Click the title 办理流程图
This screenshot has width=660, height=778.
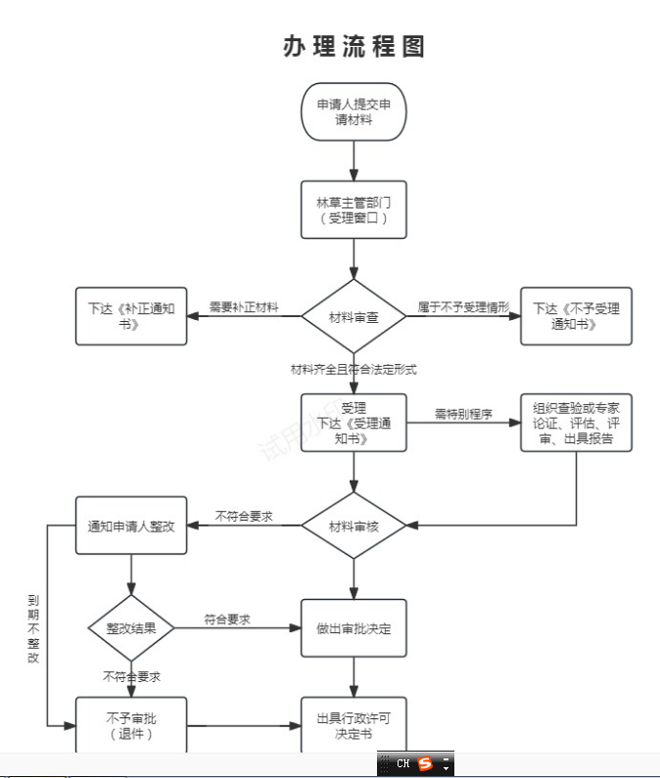(354, 46)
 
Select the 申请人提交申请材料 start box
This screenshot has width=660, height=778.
(354, 113)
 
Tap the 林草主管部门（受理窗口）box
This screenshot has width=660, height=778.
(354, 209)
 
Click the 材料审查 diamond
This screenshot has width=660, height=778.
(354, 317)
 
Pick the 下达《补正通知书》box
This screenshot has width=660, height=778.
(131, 316)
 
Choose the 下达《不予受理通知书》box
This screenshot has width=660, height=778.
(576, 316)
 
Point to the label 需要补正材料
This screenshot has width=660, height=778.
(244, 307)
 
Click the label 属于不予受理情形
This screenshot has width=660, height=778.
(464, 307)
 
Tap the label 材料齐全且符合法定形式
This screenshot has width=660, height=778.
(354, 369)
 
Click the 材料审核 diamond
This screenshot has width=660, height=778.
(354, 526)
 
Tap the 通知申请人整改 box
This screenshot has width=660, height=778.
(131, 526)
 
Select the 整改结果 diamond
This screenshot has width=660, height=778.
(131, 627)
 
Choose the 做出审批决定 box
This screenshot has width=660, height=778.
(354, 627)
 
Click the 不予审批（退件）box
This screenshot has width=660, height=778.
(131, 725)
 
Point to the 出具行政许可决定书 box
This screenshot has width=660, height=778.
(354, 725)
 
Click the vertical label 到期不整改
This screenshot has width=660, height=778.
(33, 628)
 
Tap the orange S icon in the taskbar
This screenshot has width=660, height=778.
(425, 763)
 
